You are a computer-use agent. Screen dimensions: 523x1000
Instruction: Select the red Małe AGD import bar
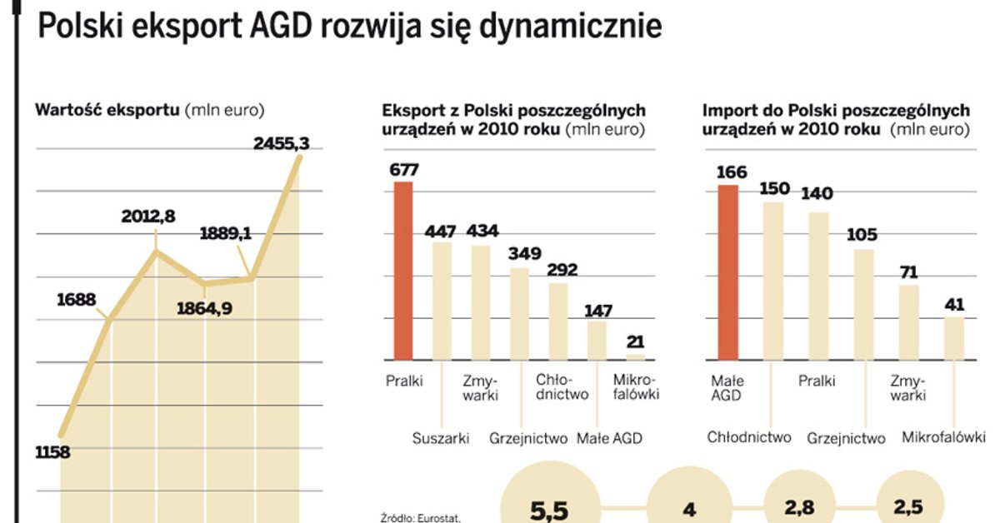pyautogui.click(x=727, y=272)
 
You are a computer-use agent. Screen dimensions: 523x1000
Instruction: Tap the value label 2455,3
pyautogui.click(x=281, y=144)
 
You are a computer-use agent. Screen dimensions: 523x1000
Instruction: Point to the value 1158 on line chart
pyautogui.click(x=52, y=453)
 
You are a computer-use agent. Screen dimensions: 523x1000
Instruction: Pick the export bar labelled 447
pyautogui.click(x=442, y=301)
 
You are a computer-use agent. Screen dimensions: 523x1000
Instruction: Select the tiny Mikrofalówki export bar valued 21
pyautogui.click(x=637, y=356)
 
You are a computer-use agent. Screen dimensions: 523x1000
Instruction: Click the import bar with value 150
pyautogui.click(x=773, y=281)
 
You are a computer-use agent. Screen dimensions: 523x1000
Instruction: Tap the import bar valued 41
pyautogui.click(x=953, y=338)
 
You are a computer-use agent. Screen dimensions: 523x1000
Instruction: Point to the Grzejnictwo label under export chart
pyautogui.click(x=528, y=438)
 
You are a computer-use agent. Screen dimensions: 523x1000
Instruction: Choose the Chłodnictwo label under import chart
pyautogui.click(x=749, y=437)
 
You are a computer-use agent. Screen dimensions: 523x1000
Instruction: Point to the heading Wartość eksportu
pyautogui.click(x=107, y=109)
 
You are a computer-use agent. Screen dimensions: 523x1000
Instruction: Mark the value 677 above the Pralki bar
pyautogui.click(x=403, y=170)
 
